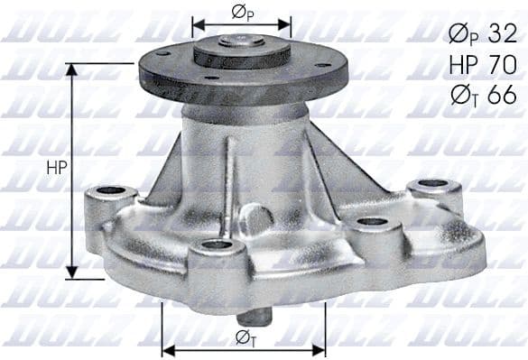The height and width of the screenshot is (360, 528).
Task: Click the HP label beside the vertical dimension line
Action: [54, 169]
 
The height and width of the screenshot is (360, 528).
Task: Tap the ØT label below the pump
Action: [243, 337]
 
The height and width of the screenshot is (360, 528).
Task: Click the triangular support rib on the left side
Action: [167, 171]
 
